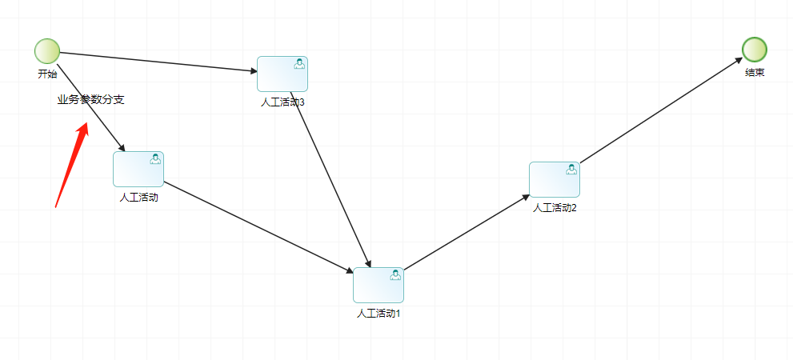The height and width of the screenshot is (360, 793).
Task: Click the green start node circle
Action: pyautogui.click(x=47, y=51)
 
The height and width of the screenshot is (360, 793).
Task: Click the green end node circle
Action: pyautogui.click(x=754, y=50)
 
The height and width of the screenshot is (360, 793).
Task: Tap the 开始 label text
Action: pyautogui.click(x=47, y=74)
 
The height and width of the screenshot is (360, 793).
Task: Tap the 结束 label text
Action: pyautogui.click(x=755, y=72)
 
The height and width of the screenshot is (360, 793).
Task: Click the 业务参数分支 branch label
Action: pyautogui.click(x=90, y=100)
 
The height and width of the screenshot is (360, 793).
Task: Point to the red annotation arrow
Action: pyautogui.click(x=71, y=164)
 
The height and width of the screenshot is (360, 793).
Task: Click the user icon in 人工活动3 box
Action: pyautogui.click(x=299, y=64)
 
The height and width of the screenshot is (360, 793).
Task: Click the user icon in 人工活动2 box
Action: pyautogui.click(x=571, y=170)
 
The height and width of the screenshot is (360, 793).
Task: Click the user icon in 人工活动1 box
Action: pyautogui.click(x=395, y=275)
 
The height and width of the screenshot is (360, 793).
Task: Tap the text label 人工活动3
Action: pyautogui.click(x=282, y=102)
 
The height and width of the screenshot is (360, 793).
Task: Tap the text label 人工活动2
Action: pyautogui.click(x=555, y=207)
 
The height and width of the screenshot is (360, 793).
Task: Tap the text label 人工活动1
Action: pyautogui.click(x=378, y=313)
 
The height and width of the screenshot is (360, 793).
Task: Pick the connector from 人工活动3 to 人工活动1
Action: pyautogui.click(x=332, y=181)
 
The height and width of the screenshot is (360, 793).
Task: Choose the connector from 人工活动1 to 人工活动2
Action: pyautogui.click(x=467, y=232)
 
